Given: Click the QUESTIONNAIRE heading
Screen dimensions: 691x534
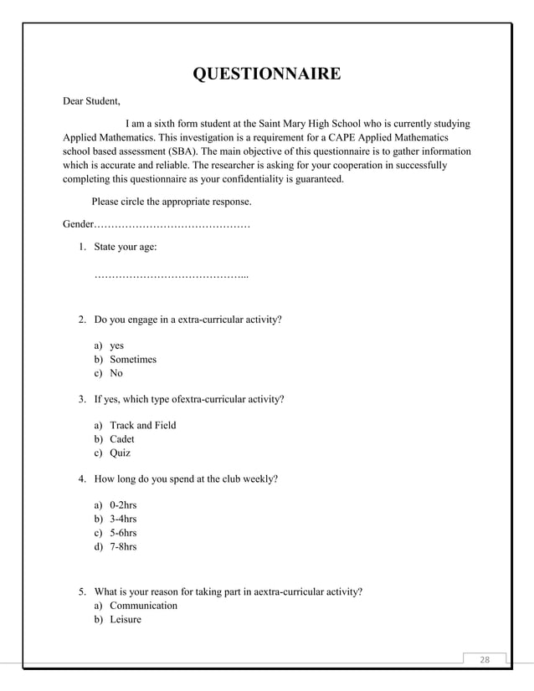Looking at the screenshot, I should pyautogui.click(x=266, y=74).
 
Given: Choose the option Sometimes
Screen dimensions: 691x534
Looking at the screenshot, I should pyautogui.click(x=132, y=359).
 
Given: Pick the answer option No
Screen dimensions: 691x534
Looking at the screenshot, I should pyautogui.click(x=116, y=373).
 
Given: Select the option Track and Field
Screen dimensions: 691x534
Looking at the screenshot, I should pyautogui.click(x=142, y=425).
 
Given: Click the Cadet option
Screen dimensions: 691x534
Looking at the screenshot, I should pyautogui.click(x=122, y=439).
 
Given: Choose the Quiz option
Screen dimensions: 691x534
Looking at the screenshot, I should pyautogui.click(x=120, y=453).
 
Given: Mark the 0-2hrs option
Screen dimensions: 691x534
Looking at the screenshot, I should pyautogui.click(x=123, y=505).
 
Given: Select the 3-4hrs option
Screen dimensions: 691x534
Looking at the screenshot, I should pyautogui.click(x=123, y=519).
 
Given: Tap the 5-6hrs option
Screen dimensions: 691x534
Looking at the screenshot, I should pyautogui.click(x=123, y=533).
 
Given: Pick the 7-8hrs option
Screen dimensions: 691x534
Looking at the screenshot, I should pyautogui.click(x=123, y=546).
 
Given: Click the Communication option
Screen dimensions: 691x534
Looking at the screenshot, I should pyautogui.click(x=143, y=605).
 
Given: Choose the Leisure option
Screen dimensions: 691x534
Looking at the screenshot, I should pyautogui.click(x=126, y=619).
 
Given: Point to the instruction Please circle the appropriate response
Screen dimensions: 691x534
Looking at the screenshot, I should pyautogui.click(x=171, y=202).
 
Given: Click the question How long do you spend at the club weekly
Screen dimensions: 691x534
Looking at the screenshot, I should pyautogui.click(x=186, y=479).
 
